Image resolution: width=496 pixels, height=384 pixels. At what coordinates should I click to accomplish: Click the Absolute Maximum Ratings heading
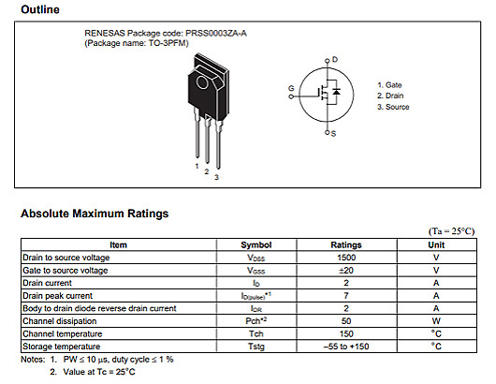95,214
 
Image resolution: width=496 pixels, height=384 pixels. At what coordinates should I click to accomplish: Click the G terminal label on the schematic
291,88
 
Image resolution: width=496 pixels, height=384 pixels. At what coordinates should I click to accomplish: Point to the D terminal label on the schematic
334,60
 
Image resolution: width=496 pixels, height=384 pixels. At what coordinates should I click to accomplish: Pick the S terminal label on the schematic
334,134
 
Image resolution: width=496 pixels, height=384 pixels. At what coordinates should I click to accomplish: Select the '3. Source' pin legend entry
394,108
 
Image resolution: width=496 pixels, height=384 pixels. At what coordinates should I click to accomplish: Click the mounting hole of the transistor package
209,66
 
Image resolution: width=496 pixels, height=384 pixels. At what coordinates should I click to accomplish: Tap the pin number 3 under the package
216,177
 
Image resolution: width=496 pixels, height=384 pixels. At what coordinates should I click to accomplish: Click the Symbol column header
256,245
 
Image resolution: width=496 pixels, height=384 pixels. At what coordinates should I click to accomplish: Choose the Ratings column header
346,245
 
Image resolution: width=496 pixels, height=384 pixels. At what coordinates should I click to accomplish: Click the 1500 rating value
346,258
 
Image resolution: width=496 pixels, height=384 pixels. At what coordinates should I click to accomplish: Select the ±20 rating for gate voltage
346,270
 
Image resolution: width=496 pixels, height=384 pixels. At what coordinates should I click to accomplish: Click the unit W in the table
436,321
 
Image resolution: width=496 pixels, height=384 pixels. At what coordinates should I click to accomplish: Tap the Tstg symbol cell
256,347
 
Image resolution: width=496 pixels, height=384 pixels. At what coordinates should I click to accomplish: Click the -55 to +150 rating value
346,347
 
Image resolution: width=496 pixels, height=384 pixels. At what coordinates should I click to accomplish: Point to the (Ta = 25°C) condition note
451,231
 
